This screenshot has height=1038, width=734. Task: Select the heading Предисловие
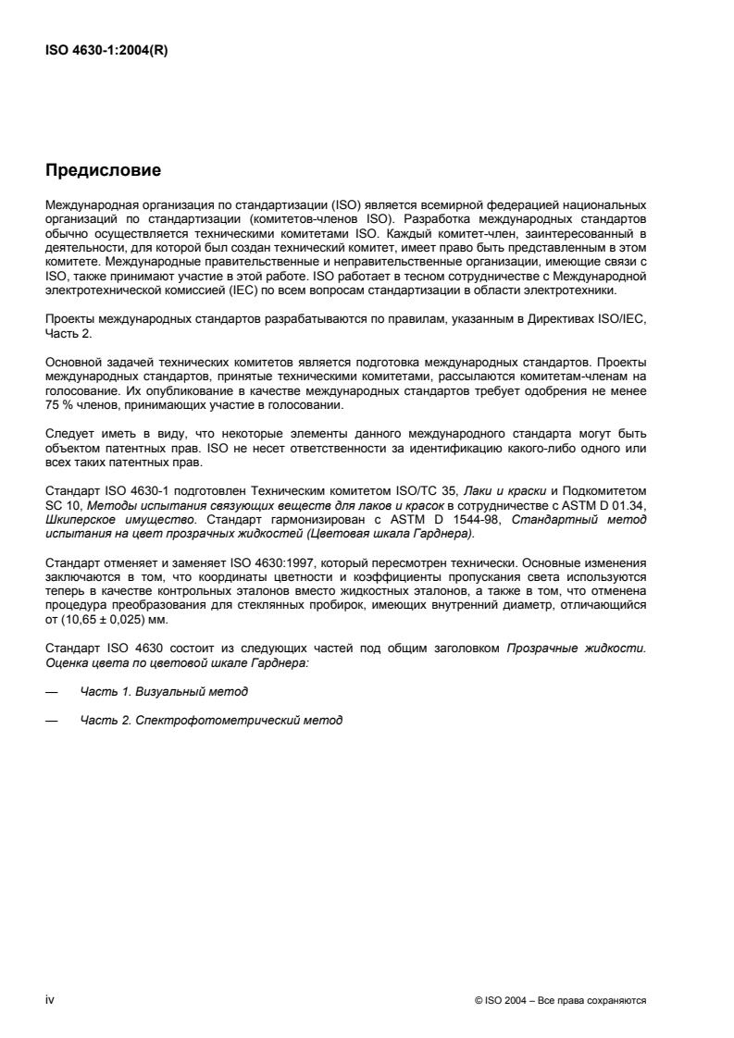(104, 170)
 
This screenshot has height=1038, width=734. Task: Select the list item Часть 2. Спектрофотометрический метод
(211, 720)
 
